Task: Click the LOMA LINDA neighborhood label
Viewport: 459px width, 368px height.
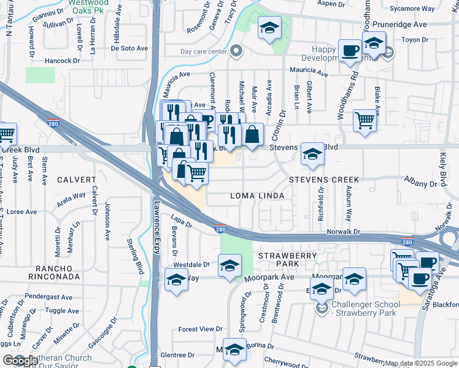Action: tap(257, 196)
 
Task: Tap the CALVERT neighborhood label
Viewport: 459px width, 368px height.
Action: tap(77, 180)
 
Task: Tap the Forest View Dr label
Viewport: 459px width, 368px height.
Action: tap(200, 329)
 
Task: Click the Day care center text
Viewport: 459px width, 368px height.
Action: tap(204, 51)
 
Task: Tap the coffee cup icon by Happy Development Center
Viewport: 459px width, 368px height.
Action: tap(350, 50)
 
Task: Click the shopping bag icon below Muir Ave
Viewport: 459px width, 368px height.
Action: tap(252, 134)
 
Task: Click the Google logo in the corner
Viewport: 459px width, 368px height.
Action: tap(20, 361)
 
